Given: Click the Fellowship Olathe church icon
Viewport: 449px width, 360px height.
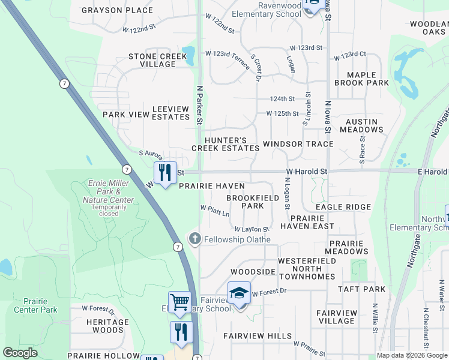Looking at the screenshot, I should pyautogui.click(x=194, y=239).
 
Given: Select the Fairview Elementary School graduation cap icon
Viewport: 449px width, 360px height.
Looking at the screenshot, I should pyautogui.click(x=239, y=293).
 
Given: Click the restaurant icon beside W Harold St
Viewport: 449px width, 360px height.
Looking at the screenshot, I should pyautogui.click(x=164, y=173).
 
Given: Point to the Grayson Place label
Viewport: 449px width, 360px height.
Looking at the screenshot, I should pyautogui.click(x=117, y=10).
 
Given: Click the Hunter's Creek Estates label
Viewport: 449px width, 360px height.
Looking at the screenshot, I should pyautogui.click(x=225, y=143).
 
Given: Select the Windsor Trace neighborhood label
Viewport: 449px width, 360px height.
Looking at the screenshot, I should pyautogui.click(x=298, y=144).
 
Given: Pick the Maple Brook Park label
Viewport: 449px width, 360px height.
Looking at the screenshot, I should pyautogui.click(x=362, y=79).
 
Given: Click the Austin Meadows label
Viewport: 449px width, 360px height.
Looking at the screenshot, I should pyautogui.click(x=362, y=125).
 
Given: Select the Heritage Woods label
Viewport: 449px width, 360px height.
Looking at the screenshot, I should pyautogui.click(x=107, y=326).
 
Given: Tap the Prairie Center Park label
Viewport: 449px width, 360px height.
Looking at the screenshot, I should pyautogui.click(x=35, y=305).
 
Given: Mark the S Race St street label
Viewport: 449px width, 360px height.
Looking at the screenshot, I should pyautogui.click(x=363, y=146).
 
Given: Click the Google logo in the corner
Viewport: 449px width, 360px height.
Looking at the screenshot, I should pyautogui.click(x=20, y=353).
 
